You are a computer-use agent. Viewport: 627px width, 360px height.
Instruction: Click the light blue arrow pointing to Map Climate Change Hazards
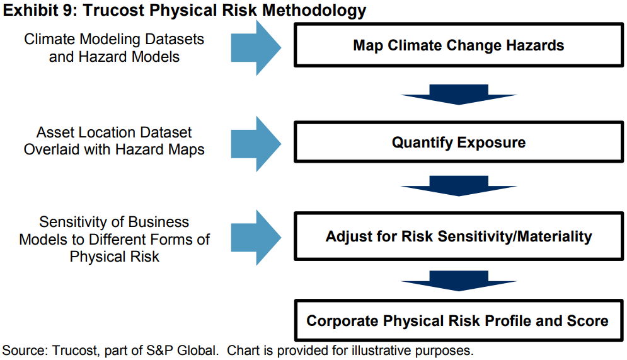[256, 47]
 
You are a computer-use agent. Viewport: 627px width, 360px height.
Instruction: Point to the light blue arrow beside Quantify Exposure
[256, 144]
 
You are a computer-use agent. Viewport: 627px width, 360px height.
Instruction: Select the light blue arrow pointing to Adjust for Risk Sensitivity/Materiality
[256, 238]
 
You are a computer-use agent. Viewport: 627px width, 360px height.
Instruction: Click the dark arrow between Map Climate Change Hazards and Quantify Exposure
[459, 95]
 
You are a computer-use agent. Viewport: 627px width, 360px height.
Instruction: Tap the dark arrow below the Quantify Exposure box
[459, 186]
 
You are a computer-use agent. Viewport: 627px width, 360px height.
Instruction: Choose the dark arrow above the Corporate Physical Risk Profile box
[459, 281]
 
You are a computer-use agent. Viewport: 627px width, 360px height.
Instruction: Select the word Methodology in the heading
[314, 11]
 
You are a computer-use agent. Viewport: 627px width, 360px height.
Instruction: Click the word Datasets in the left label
[175, 39]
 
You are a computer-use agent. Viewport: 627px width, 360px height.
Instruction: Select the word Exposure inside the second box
[492, 142]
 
